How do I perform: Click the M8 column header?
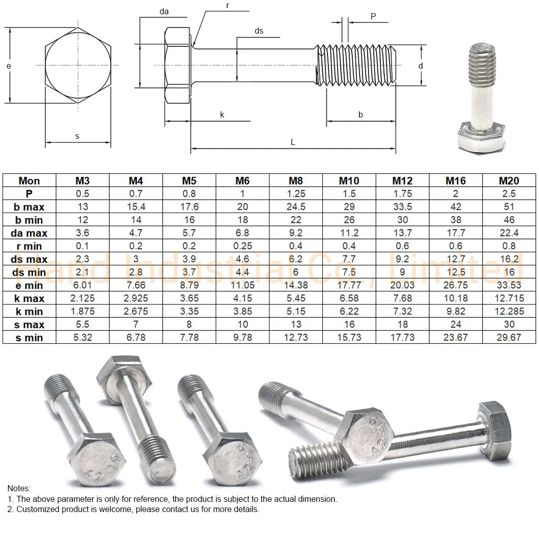click(x=296, y=181)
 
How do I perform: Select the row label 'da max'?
click(x=29, y=233)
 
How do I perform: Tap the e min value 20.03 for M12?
click(x=402, y=285)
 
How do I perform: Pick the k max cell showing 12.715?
click(x=509, y=298)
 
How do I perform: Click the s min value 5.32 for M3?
click(x=82, y=338)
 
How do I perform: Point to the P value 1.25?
click(x=296, y=194)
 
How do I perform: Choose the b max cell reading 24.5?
click(x=296, y=207)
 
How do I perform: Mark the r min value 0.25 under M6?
click(x=243, y=246)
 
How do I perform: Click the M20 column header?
click(x=509, y=181)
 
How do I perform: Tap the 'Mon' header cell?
click(x=29, y=181)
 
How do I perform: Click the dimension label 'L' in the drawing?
click(x=293, y=142)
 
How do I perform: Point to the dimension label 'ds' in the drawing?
click(x=259, y=31)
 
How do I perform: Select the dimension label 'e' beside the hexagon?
click(x=9, y=66)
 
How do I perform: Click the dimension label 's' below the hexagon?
click(x=77, y=136)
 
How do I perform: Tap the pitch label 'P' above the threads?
click(x=373, y=16)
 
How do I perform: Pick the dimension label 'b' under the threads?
click(x=361, y=115)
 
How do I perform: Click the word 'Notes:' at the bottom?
click(x=19, y=488)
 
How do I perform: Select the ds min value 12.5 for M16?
click(x=456, y=272)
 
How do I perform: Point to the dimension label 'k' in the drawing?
click(x=222, y=115)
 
